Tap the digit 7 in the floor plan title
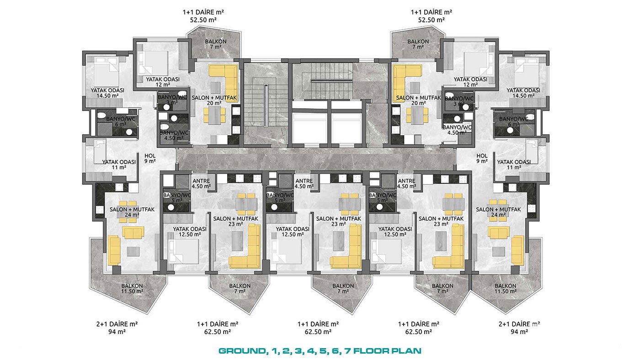(x=347, y=351)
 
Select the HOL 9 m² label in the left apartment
(x=150, y=159)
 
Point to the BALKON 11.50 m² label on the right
(x=506, y=288)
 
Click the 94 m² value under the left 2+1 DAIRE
(x=117, y=332)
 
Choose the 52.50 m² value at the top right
(x=431, y=20)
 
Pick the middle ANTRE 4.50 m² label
(x=304, y=184)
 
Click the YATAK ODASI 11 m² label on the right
(x=514, y=165)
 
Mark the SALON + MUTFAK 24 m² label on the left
(x=132, y=212)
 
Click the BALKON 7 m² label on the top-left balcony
(x=216, y=44)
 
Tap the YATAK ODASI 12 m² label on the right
(x=470, y=82)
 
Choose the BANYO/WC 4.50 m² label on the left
(x=174, y=135)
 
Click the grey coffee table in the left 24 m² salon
(x=133, y=252)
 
